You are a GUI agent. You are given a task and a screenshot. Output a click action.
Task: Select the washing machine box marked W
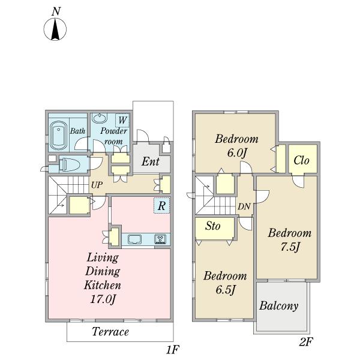point(122,121)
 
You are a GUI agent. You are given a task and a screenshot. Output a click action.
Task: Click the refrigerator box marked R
point(162,205)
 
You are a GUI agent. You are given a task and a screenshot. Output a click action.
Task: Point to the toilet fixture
point(69,164)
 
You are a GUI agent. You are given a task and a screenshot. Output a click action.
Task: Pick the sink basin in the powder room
point(100,118)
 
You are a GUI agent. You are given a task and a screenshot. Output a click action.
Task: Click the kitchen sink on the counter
point(135,239)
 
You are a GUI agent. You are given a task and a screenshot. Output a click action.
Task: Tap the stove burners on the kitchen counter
point(160,239)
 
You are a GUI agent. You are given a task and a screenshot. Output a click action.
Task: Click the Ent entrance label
point(151,161)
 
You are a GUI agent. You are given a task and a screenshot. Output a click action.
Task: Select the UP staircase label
point(97,185)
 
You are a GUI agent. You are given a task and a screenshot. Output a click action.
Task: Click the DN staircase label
point(244,206)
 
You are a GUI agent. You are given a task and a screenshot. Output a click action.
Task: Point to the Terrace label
point(110,332)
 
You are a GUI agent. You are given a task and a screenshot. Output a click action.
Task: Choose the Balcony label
point(279,306)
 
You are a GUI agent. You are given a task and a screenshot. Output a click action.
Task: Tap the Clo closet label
point(301,160)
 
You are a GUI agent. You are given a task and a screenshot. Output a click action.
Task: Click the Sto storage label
point(213,226)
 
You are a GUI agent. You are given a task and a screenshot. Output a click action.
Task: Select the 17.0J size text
point(103,299)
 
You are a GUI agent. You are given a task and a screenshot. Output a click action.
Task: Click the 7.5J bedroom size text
point(290,247)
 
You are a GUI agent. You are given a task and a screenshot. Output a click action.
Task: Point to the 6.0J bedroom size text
point(237,153)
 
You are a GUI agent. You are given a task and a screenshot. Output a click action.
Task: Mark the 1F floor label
point(172,350)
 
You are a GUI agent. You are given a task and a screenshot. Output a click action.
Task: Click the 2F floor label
point(306,342)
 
